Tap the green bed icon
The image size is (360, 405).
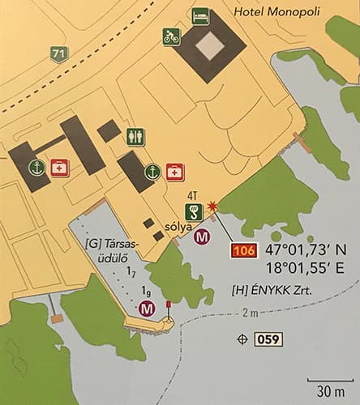199,15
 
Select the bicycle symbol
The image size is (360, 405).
172,36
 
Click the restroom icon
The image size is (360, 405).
136,137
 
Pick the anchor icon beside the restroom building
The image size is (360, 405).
151,172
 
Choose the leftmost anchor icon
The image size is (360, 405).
36,168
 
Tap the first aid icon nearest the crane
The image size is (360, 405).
175,172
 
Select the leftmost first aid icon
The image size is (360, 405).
59,168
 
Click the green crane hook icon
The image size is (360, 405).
194,213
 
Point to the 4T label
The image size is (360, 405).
192,195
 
